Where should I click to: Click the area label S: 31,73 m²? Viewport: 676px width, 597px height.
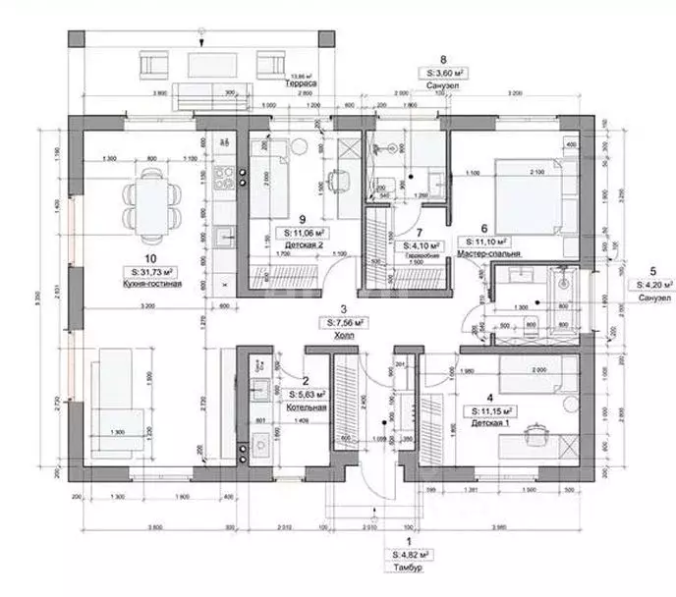pyautogui.click(x=145, y=270)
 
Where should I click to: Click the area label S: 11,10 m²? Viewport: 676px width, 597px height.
pyautogui.click(x=487, y=240)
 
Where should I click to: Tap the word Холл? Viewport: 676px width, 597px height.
pyautogui.click(x=342, y=334)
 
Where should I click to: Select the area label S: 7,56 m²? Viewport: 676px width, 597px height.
pyautogui.click(x=343, y=321)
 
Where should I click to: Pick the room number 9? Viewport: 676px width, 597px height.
pyautogui.click(x=303, y=219)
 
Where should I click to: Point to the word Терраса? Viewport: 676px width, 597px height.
pyautogui.click(x=299, y=85)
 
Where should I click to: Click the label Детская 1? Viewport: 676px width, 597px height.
pyautogui.click(x=489, y=423)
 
